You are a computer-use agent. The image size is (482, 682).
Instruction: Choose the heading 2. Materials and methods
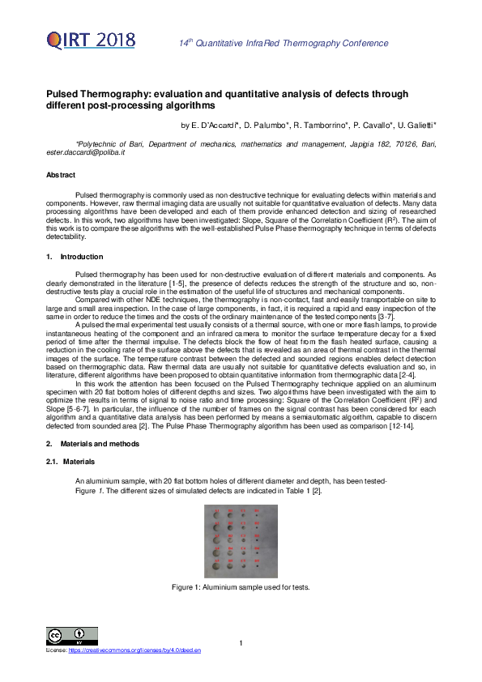pos(92,444)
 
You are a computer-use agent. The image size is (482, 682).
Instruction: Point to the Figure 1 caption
pos(241,587)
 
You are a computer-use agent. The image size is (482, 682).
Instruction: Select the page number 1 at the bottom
pos(241,644)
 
